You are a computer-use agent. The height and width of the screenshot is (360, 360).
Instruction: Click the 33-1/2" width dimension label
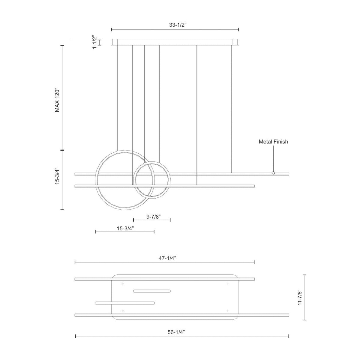click(178, 25)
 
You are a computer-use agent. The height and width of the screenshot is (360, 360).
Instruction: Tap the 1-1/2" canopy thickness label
click(95, 42)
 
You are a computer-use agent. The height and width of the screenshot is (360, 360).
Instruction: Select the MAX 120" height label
click(58, 100)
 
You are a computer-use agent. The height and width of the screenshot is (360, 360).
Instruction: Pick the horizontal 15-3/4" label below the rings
click(125, 228)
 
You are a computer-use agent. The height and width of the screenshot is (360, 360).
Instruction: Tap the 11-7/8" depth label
click(299, 297)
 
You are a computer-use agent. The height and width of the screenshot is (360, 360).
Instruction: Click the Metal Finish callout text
click(273, 142)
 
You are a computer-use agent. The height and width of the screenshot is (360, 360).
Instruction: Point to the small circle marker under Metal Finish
click(273, 173)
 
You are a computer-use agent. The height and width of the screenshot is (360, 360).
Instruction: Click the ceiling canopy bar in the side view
click(175, 42)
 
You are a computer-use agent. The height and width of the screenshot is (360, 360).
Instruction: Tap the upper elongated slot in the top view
click(152, 291)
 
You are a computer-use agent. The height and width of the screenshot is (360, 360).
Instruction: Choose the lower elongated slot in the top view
click(125, 303)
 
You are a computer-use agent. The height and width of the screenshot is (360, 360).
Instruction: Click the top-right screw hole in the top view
click(227, 283)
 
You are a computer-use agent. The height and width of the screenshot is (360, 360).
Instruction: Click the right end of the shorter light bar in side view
click(254, 186)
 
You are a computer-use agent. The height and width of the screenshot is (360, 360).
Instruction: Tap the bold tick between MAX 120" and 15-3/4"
click(62, 150)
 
